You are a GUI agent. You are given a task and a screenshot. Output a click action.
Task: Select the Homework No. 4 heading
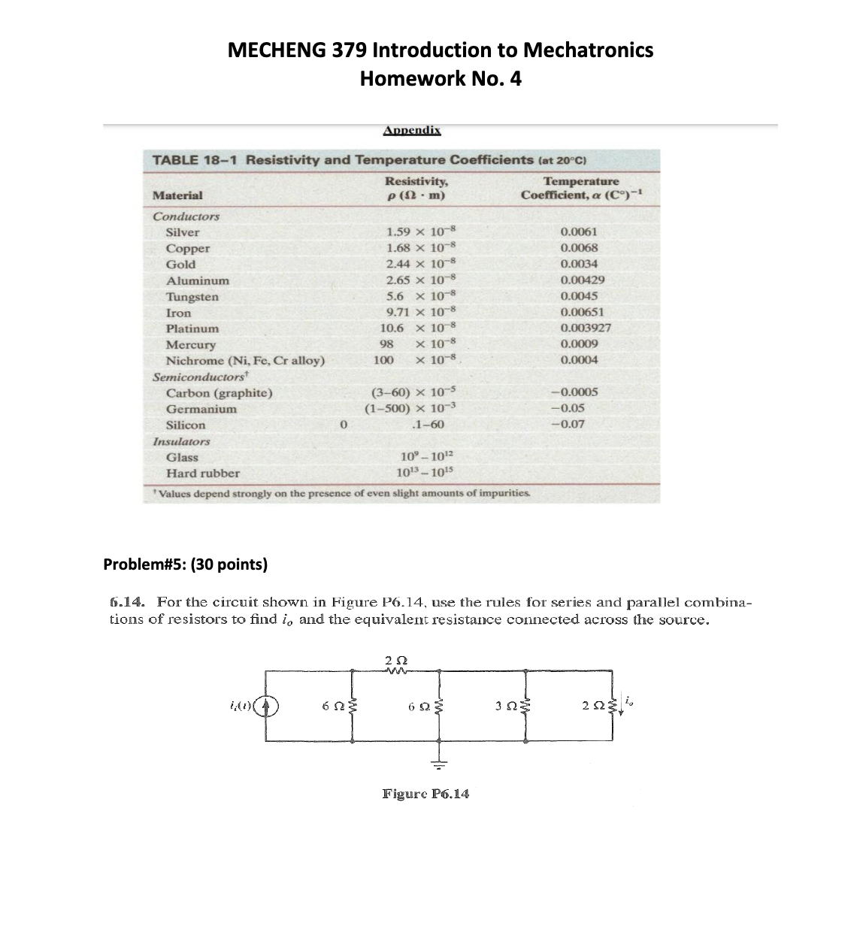point(441,79)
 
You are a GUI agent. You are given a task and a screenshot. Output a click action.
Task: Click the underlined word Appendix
point(411,130)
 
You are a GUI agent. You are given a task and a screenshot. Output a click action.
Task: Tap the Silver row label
point(183,232)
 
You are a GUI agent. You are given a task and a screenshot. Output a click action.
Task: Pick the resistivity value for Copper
point(421,248)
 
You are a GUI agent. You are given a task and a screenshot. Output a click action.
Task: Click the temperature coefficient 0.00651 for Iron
point(582,312)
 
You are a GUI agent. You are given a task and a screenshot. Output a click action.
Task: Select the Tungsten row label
point(192,296)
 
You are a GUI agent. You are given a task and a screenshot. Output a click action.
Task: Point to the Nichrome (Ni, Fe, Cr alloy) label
point(245,360)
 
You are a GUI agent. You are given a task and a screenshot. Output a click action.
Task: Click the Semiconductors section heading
point(200,377)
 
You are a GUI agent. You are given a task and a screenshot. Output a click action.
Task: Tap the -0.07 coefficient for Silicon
point(568,424)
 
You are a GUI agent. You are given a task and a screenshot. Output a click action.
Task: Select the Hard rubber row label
point(202,474)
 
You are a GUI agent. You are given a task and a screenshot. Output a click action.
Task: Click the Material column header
point(177,195)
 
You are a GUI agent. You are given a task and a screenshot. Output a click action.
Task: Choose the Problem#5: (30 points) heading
point(185,564)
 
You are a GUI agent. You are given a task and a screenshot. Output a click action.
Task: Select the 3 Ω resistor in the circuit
point(525,705)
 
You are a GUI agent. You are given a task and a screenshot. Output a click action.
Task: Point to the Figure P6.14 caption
point(425,794)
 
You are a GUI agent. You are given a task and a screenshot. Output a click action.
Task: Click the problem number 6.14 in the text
point(129,602)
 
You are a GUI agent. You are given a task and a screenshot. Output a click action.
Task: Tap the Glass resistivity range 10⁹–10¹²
point(426,457)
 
